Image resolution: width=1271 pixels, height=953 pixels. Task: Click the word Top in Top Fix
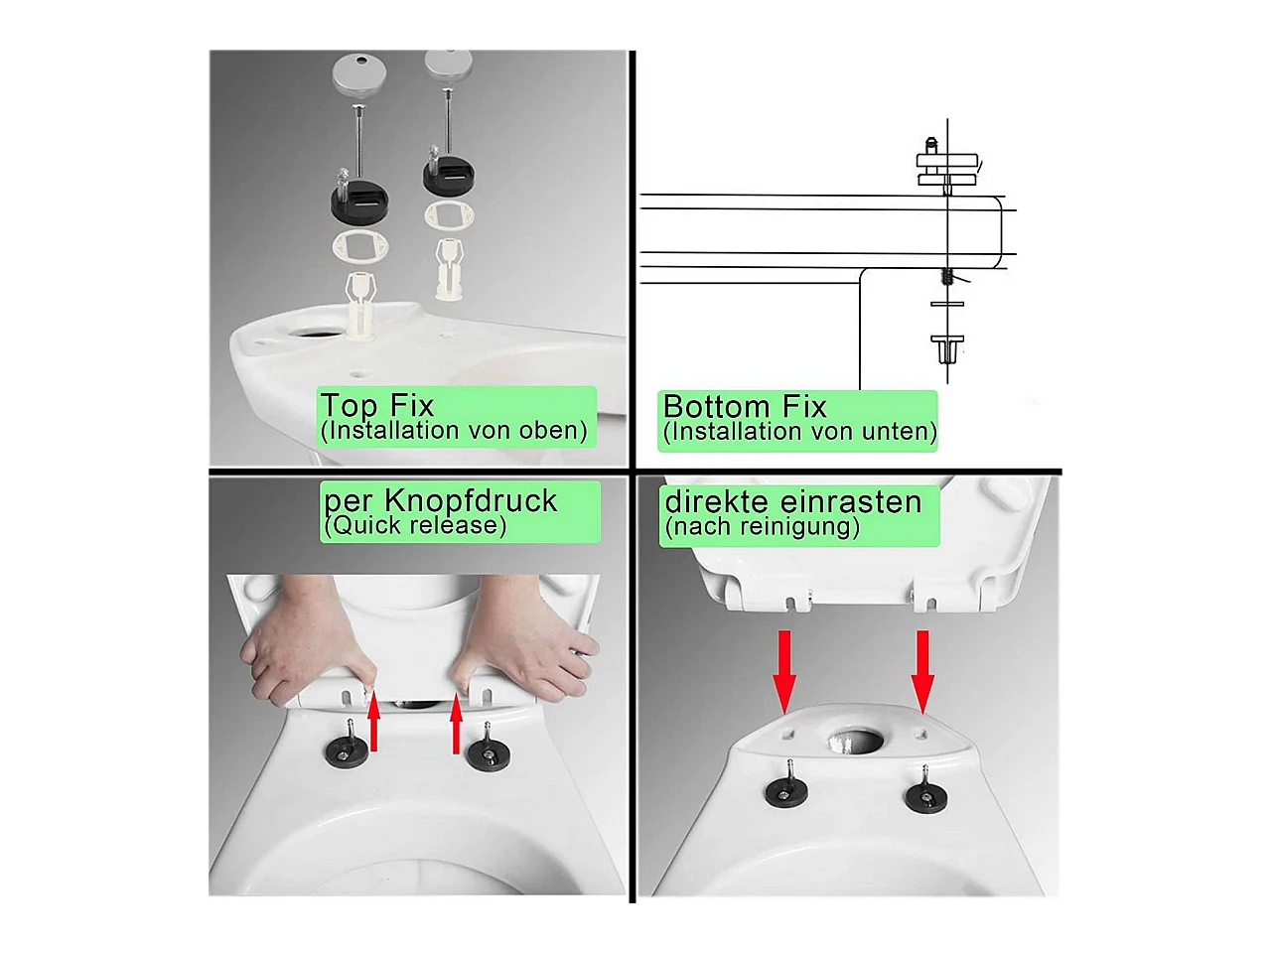349,406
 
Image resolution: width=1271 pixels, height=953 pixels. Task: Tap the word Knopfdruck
471,501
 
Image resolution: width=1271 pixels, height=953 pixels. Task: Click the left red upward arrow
373,722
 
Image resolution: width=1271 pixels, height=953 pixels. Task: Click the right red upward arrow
457,724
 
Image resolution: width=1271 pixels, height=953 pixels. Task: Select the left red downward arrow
784,672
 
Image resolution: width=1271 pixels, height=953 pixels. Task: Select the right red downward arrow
923,672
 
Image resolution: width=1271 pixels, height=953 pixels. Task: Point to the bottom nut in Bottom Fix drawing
947,348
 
